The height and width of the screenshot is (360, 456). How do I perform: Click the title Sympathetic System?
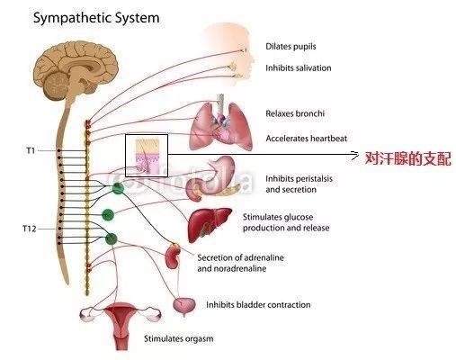[96, 18]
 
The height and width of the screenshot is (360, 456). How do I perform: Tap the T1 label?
[31, 150]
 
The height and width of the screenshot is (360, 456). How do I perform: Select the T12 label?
[30, 229]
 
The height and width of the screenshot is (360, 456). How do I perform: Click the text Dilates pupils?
[291, 47]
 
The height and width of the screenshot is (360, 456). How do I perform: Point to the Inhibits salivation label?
[299, 68]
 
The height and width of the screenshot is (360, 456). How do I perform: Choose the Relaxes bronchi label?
[295, 113]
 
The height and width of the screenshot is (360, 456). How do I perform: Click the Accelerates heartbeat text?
[306, 139]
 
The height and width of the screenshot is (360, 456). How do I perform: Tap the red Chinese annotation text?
[408, 158]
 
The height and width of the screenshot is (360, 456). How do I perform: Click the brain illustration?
[75, 72]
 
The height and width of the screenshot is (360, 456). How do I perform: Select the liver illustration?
[210, 224]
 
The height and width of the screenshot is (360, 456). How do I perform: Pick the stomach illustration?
[211, 178]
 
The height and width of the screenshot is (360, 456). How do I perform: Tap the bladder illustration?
[184, 306]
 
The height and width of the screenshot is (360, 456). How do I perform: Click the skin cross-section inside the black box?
[147, 156]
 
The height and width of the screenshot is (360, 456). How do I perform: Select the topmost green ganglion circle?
[118, 188]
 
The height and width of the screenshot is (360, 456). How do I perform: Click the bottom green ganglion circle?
[111, 238]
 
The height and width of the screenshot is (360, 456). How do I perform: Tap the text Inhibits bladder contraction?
[258, 305]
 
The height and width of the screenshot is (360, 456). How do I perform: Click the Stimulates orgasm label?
[179, 338]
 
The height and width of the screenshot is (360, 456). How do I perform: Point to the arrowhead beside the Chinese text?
[355, 155]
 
